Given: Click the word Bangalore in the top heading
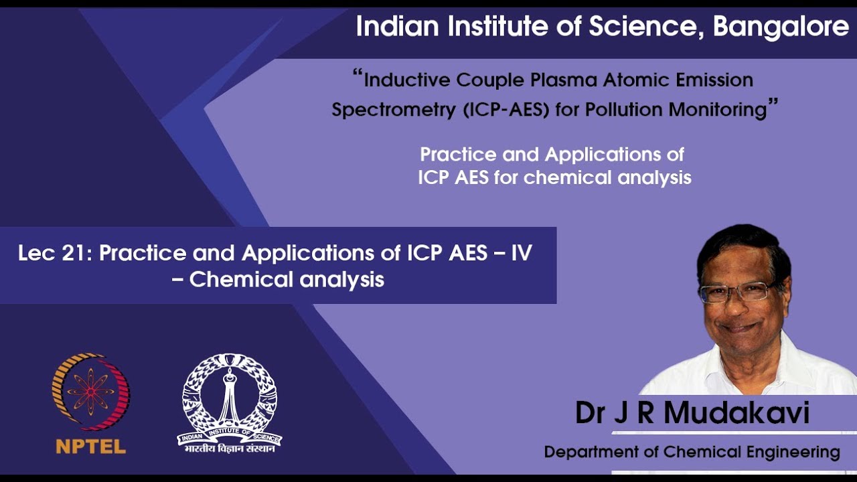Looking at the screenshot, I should (781, 27).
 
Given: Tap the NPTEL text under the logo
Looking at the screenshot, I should (91, 447).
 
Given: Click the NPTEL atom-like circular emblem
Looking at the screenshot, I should (91, 392).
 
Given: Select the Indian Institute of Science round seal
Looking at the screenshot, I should (230, 395).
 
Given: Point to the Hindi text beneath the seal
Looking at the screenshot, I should (230, 449).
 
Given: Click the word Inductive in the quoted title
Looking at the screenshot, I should (408, 80).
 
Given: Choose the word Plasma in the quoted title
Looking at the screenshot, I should (565, 80).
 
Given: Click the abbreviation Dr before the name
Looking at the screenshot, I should (590, 413).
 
